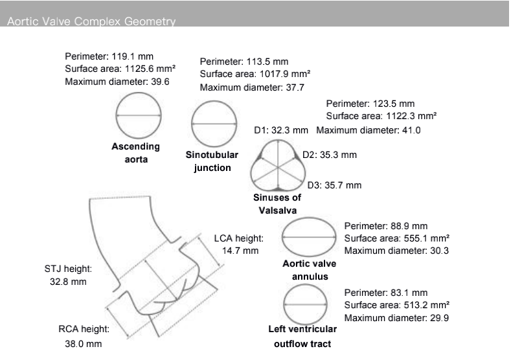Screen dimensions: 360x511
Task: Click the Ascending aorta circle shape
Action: point(139,115)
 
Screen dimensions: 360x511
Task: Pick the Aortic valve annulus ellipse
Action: point(310,237)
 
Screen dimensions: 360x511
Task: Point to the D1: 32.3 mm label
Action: point(280,130)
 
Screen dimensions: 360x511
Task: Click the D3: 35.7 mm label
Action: point(334,185)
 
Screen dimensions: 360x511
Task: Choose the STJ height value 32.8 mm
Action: point(68,282)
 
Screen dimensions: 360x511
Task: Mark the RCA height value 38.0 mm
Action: point(83,344)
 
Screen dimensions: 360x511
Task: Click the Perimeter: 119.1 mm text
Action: point(109,56)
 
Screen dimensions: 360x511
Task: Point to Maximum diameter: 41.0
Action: point(369,130)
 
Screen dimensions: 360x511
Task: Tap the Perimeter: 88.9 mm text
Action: point(385,226)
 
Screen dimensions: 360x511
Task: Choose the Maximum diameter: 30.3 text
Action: point(396,251)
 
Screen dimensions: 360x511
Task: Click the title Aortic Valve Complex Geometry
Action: point(91,22)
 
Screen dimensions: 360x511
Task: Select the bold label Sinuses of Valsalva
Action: point(277,204)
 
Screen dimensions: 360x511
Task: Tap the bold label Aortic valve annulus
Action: point(309,270)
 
